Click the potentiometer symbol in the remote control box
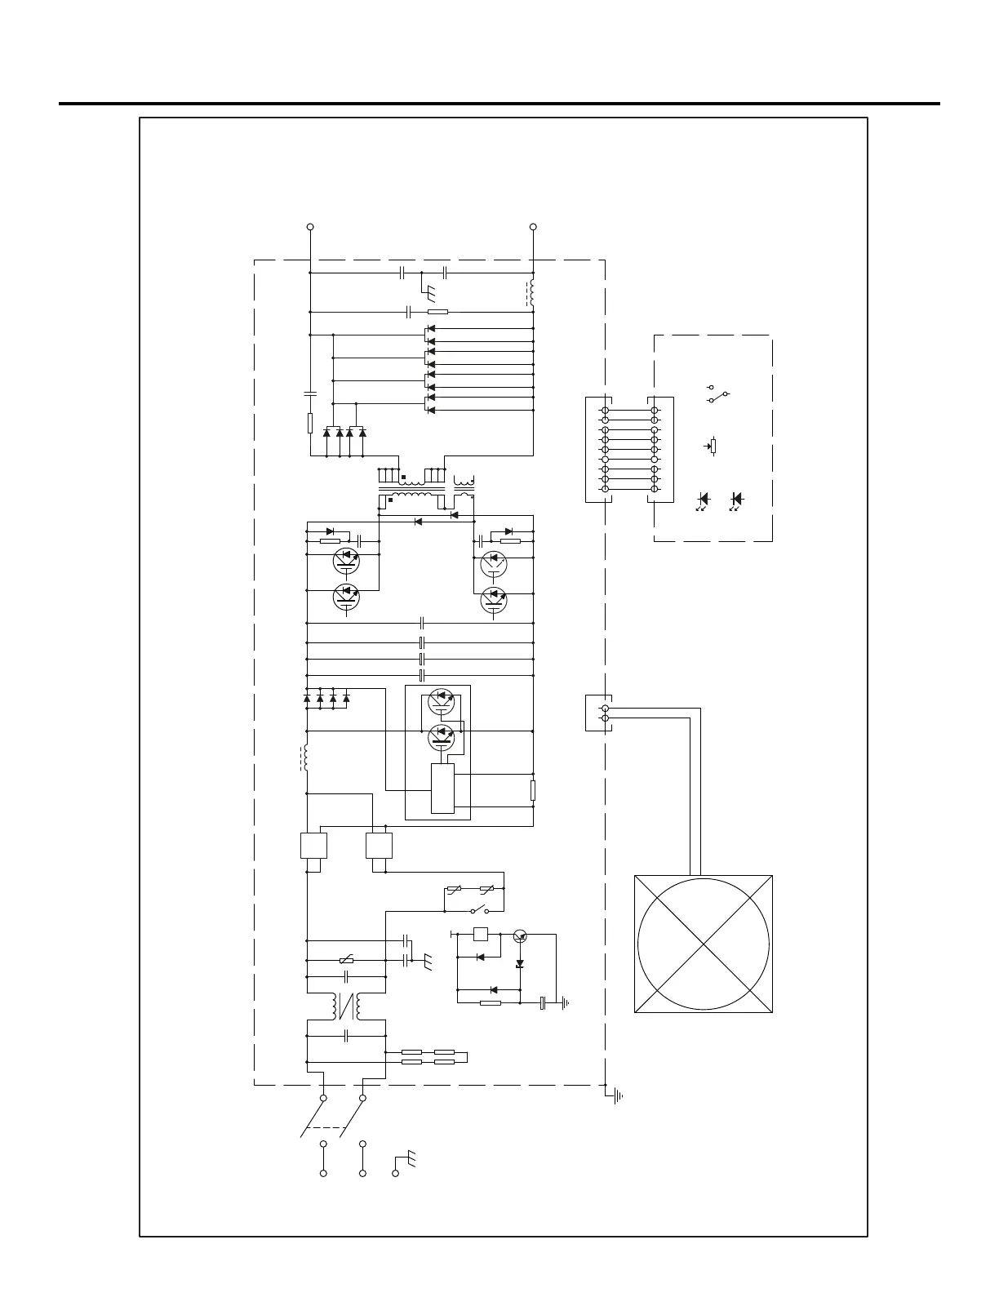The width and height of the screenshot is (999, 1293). tap(713, 447)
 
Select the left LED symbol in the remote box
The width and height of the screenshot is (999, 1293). tap(703, 499)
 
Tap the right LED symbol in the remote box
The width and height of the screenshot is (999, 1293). tap(737, 499)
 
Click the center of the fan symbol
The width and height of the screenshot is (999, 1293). tap(704, 944)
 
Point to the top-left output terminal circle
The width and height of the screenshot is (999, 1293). tap(310, 226)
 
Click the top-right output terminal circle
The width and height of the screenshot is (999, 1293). tap(533, 226)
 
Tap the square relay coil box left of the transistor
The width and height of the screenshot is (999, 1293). tap(481, 935)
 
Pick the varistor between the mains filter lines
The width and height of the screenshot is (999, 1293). tap(346, 962)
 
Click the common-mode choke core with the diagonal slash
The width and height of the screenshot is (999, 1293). tap(346, 1006)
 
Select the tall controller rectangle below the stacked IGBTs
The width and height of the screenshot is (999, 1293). tap(442, 789)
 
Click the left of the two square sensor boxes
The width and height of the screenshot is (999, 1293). tap(313, 845)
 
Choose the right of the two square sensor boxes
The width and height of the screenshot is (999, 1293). tap(379, 845)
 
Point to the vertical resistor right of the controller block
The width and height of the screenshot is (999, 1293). tap(533, 790)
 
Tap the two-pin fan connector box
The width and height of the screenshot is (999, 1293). tap(598, 713)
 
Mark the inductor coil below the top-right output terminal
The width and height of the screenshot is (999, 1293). tap(532, 292)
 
